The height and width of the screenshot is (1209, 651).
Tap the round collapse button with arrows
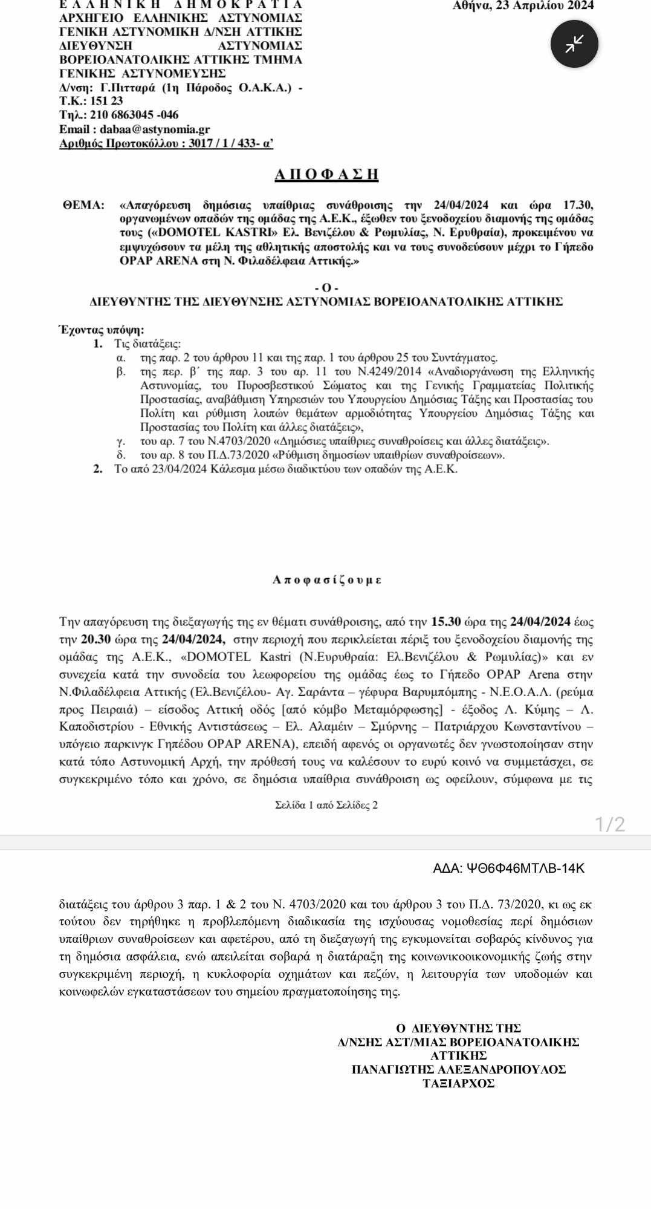pos(574,44)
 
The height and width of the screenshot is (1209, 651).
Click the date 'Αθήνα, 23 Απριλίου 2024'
pos(523,6)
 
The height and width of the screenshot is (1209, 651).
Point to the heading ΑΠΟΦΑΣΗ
pos(326,175)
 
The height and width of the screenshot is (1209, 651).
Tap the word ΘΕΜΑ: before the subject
pos(84,205)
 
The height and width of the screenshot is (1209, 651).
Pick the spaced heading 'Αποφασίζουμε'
pos(326,580)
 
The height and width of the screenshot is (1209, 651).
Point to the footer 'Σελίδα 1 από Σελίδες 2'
pos(326,805)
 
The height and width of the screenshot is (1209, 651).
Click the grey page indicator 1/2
pos(610,824)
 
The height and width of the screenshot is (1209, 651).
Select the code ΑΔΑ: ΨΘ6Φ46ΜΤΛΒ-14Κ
pos(509,868)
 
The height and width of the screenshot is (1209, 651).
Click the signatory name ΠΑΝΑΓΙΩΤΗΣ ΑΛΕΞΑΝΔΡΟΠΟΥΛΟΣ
pos(459,1069)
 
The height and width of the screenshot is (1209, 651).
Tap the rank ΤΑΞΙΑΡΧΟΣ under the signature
pos(459,1083)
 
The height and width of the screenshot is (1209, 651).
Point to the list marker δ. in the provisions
pos(120,455)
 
